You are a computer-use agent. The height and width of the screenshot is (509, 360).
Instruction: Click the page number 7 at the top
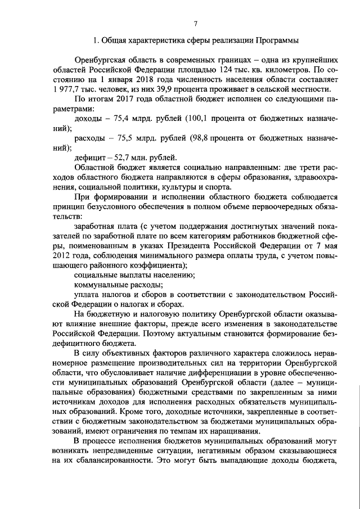coord(196,23)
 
